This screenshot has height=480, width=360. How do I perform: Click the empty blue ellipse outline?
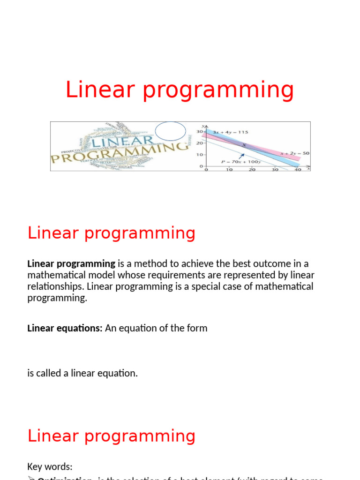(171, 131)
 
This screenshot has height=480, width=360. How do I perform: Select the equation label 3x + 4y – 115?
(230, 132)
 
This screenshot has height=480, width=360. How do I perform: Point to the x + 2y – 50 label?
(295, 153)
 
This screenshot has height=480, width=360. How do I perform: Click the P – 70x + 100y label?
(240, 162)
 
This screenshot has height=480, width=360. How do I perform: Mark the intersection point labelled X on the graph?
(244, 145)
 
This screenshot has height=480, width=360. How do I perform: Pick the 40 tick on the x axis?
(298, 170)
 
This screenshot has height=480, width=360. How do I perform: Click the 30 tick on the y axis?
(199, 132)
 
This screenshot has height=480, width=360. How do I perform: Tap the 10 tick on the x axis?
(229, 170)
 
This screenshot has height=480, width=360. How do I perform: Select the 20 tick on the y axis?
(199, 143)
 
